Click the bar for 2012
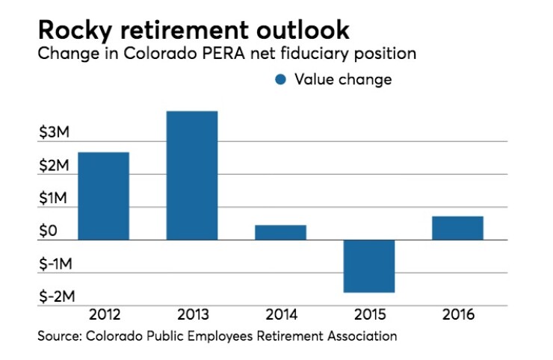click(x=103, y=196)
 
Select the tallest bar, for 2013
click(x=192, y=176)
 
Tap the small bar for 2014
click(x=280, y=232)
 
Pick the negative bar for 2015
click(x=369, y=266)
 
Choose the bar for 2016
click(x=457, y=228)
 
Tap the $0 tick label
click(x=49, y=232)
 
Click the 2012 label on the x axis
click(x=103, y=315)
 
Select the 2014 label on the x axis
click(x=280, y=315)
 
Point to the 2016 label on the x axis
click(x=457, y=315)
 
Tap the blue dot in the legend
click(x=282, y=80)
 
